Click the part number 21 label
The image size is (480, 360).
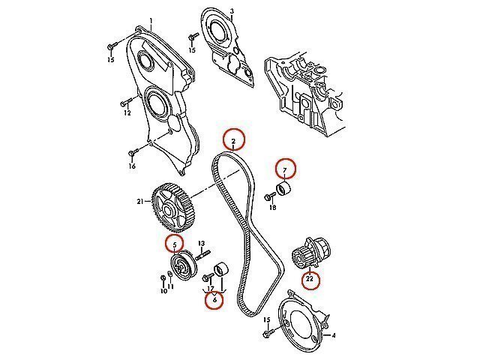(x=140, y=202)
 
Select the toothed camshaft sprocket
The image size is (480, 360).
(x=173, y=207)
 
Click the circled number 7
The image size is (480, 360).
(x=285, y=169)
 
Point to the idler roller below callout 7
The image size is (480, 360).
(x=283, y=189)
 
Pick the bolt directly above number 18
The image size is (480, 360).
(x=270, y=196)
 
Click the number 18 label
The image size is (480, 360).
(x=272, y=208)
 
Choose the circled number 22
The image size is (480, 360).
(x=310, y=279)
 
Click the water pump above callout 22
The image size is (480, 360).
(x=310, y=253)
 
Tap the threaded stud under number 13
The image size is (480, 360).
(x=202, y=255)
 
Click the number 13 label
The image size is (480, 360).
(x=201, y=243)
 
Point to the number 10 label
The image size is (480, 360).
(x=164, y=291)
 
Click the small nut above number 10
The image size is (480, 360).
(x=163, y=278)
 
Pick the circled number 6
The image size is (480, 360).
(x=214, y=299)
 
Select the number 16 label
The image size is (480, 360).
(x=132, y=166)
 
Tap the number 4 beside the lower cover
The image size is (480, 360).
(x=334, y=335)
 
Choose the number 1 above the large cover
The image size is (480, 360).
(x=151, y=21)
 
